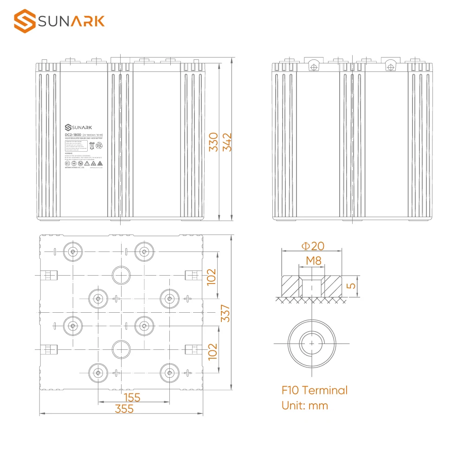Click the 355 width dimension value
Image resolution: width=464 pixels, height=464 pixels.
[x=124, y=409]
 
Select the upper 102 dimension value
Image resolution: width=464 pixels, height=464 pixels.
[x=212, y=277]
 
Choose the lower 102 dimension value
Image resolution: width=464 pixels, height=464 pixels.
[x=212, y=352]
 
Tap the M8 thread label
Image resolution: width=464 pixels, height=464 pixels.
[x=313, y=261]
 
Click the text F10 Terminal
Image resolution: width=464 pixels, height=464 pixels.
[x=314, y=390]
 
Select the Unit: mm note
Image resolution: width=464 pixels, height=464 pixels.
[x=305, y=406]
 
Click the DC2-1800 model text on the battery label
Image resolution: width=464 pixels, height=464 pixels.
[x=73, y=135]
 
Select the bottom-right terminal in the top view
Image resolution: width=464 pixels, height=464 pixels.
[x=169, y=372]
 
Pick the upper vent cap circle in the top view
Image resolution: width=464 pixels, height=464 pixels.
[x=121, y=275]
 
